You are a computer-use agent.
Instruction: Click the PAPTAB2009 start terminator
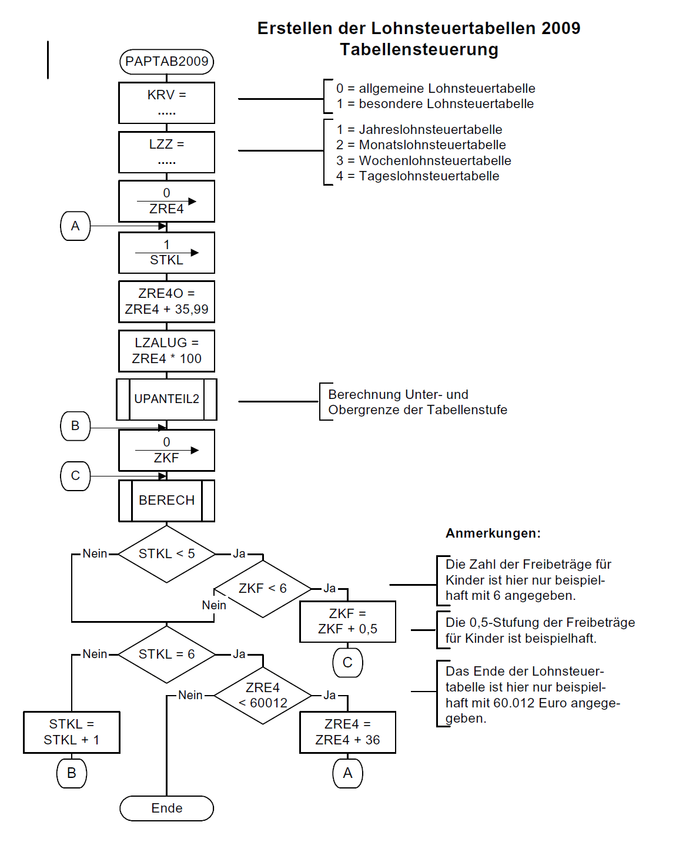coord(166,62)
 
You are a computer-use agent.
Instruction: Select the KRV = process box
coord(166,103)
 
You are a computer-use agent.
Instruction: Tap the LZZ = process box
coord(166,152)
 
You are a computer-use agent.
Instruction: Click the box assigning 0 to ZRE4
coord(166,201)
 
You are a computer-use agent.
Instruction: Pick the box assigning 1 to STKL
coord(166,253)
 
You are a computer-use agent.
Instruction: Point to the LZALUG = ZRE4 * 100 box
coord(166,351)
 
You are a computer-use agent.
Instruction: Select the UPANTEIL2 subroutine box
coord(166,399)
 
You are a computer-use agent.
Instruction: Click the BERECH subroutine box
coord(166,500)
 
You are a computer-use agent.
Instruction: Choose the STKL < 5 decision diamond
coord(166,554)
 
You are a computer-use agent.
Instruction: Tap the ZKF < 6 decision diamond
coord(262,589)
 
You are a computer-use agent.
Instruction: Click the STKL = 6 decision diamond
coord(166,655)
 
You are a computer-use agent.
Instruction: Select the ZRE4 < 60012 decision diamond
coord(262,696)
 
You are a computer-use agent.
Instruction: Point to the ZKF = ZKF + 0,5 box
coord(347,622)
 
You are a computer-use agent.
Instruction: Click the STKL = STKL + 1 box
coord(72,732)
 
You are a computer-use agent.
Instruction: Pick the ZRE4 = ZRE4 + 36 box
coord(347,732)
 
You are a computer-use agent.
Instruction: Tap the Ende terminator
coord(166,808)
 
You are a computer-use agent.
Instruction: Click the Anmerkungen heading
coord(493,533)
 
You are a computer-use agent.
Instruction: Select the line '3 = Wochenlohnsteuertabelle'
coord(423,160)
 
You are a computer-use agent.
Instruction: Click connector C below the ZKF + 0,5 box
coord(347,663)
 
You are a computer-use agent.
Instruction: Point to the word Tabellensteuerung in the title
coord(419,49)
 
